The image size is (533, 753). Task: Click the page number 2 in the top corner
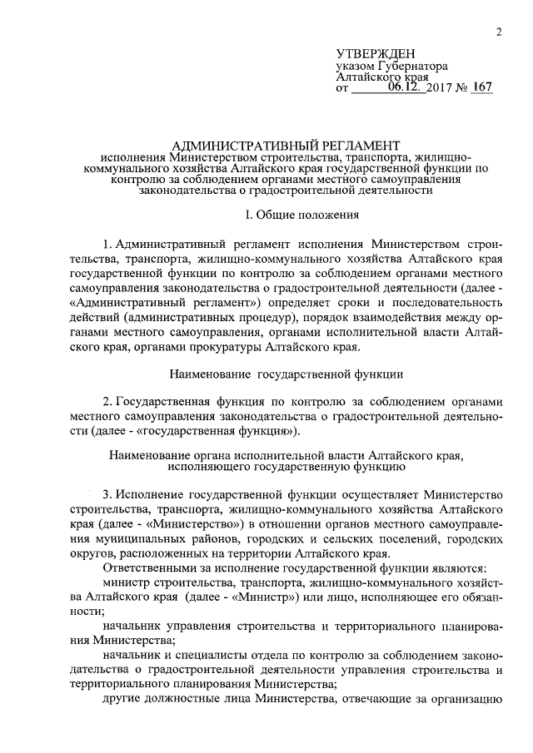point(497,32)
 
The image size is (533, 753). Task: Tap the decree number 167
point(481,86)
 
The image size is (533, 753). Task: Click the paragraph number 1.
point(107,245)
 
